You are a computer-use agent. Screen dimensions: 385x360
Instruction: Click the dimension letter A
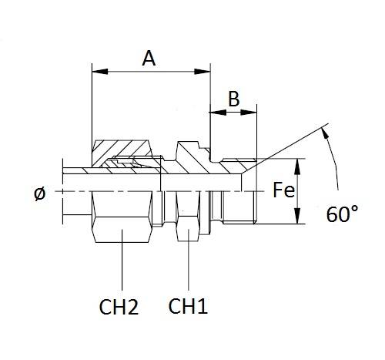click(149, 59)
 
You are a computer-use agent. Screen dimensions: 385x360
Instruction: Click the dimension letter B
click(234, 99)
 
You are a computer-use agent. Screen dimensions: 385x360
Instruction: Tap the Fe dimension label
click(283, 190)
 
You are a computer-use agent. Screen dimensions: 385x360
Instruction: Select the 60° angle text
click(342, 214)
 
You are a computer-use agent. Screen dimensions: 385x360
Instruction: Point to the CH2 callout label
click(119, 307)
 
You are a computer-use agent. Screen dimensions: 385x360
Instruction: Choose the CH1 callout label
click(188, 306)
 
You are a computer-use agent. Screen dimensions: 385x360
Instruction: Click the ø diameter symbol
click(40, 193)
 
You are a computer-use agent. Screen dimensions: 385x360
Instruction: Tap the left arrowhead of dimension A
click(100, 72)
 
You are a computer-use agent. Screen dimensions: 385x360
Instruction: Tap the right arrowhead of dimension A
click(203, 72)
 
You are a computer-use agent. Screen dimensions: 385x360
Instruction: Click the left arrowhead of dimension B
click(218, 113)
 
